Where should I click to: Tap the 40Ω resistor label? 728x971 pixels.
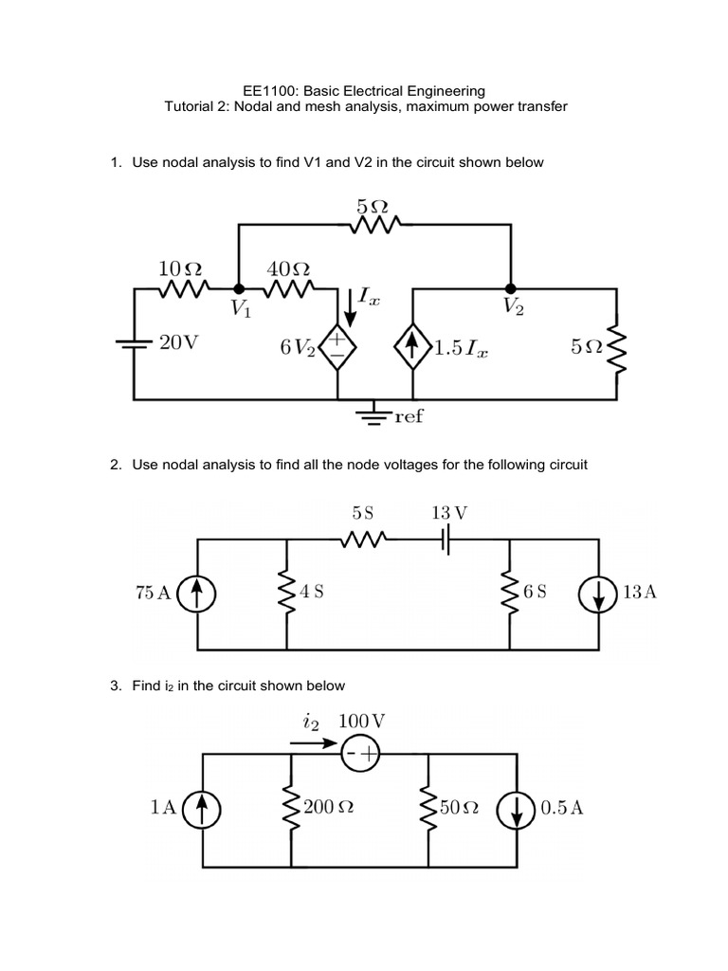point(288,268)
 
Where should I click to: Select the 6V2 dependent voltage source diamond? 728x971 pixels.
point(337,349)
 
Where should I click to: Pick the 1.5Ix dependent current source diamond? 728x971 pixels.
point(411,349)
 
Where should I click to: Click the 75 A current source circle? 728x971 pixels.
point(196,593)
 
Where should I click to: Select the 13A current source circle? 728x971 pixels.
point(599,593)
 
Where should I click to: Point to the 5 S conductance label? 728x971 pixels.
point(362,513)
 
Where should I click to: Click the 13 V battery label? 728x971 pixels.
point(448,513)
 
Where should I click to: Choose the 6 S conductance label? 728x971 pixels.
point(535,592)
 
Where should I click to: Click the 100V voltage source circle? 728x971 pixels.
point(360,753)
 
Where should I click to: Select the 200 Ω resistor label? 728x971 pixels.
point(328,808)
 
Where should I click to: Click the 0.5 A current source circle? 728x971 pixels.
point(518,808)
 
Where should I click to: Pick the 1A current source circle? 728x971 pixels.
point(202,808)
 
